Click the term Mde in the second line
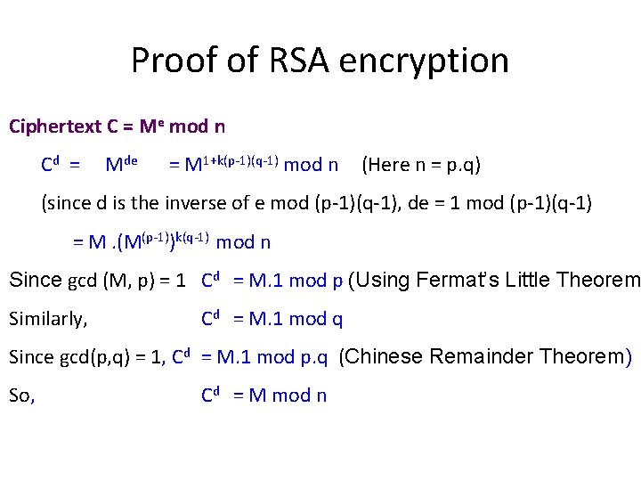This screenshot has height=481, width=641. [x=121, y=165]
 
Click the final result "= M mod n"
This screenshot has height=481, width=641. [x=280, y=395]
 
